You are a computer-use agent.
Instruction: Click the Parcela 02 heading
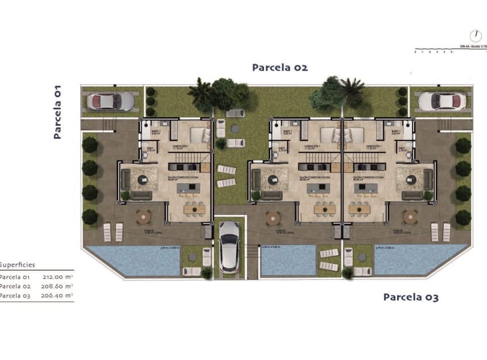pyautogui.click(x=280, y=68)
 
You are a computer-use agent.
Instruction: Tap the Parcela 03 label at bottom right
pyautogui.click(x=410, y=297)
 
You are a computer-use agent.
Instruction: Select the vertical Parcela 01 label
pyautogui.click(x=57, y=112)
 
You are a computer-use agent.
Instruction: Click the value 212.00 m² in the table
pyautogui.click(x=57, y=277)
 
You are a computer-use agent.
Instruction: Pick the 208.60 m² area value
pyautogui.click(x=57, y=287)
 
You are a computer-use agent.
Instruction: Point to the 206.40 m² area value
pyautogui.click(x=57, y=296)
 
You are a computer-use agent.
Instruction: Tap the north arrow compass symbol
pyautogui.click(x=476, y=36)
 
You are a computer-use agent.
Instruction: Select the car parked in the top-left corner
pyautogui.click(x=111, y=101)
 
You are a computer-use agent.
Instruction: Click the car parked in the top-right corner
pyautogui.click(x=442, y=101)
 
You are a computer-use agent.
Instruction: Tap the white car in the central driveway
pyautogui.click(x=229, y=246)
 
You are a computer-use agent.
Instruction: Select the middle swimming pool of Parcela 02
pyautogui.click(x=287, y=260)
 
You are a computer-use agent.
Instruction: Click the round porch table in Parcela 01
pyautogui.click(x=143, y=216)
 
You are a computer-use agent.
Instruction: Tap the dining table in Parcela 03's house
pyautogui.click(x=359, y=209)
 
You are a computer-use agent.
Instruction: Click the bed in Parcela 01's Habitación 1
pyautogui.click(x=199, y=135)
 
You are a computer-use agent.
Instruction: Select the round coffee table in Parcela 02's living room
pyautogui.click(x=272, y=180)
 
